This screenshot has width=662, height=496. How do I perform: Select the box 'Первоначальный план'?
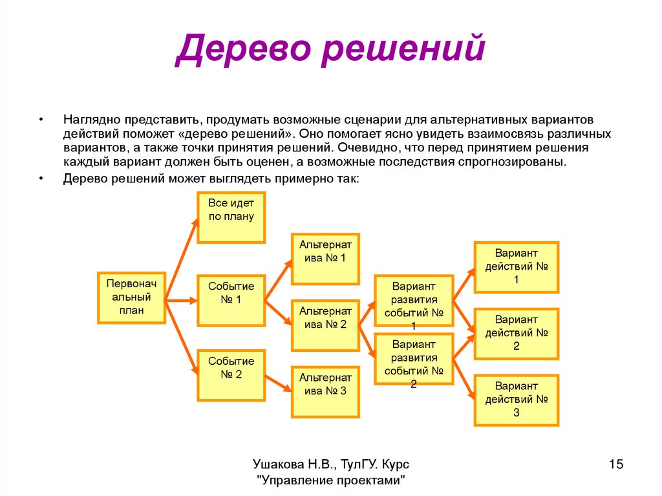131,297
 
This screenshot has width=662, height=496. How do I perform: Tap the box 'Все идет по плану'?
231,217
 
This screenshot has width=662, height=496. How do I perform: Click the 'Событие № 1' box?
231,299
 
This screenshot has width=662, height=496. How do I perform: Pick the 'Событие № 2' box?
231,374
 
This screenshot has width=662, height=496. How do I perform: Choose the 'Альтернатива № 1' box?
325,259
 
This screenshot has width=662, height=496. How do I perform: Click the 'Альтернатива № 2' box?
325,325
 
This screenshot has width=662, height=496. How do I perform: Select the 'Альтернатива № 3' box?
325,391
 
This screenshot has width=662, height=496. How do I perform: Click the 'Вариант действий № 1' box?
516,267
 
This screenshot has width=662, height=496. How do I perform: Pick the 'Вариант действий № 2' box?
516,334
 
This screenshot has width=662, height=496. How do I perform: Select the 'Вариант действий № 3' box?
516,400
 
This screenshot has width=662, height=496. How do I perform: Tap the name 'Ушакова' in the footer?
275,464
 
